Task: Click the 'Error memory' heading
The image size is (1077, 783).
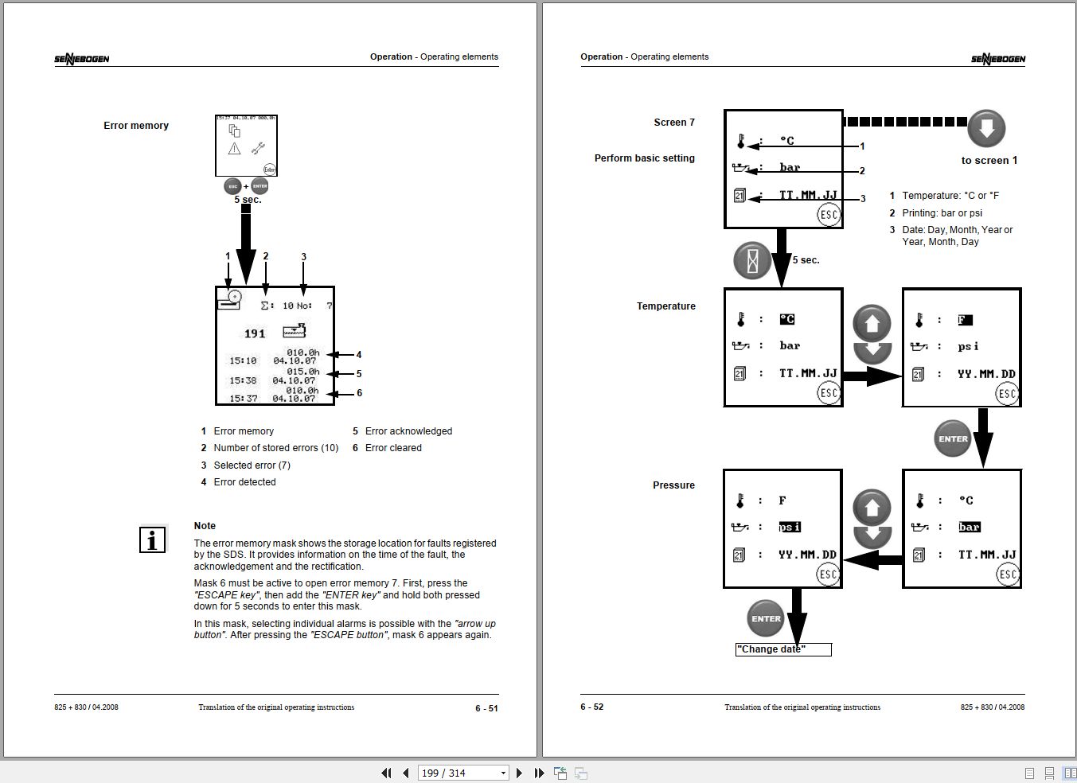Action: (136, 126)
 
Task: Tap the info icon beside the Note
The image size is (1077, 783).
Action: (152, 540)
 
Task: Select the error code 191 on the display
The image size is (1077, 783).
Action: (255, 333)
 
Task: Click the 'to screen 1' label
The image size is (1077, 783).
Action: (989, 161)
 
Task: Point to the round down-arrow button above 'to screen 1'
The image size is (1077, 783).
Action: (986, 128)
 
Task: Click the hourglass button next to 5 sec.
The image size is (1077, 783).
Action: (752, 260)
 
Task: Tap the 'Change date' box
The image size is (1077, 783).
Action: (783, 649)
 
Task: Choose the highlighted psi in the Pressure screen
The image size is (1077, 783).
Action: (790, 527)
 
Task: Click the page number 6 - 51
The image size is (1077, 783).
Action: (486, 708)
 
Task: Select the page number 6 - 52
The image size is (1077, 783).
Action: (592, 707)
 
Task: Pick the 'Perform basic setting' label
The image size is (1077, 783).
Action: (644, 158)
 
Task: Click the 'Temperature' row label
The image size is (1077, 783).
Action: (665, 306)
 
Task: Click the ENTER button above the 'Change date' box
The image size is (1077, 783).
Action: (766, 618)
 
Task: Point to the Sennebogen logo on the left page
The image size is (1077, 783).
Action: (82, 58)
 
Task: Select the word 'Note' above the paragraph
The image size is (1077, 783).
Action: (205, 526)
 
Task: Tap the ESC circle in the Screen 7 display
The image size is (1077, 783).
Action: (829, 215)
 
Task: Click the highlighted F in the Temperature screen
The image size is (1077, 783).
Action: (965, 320)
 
